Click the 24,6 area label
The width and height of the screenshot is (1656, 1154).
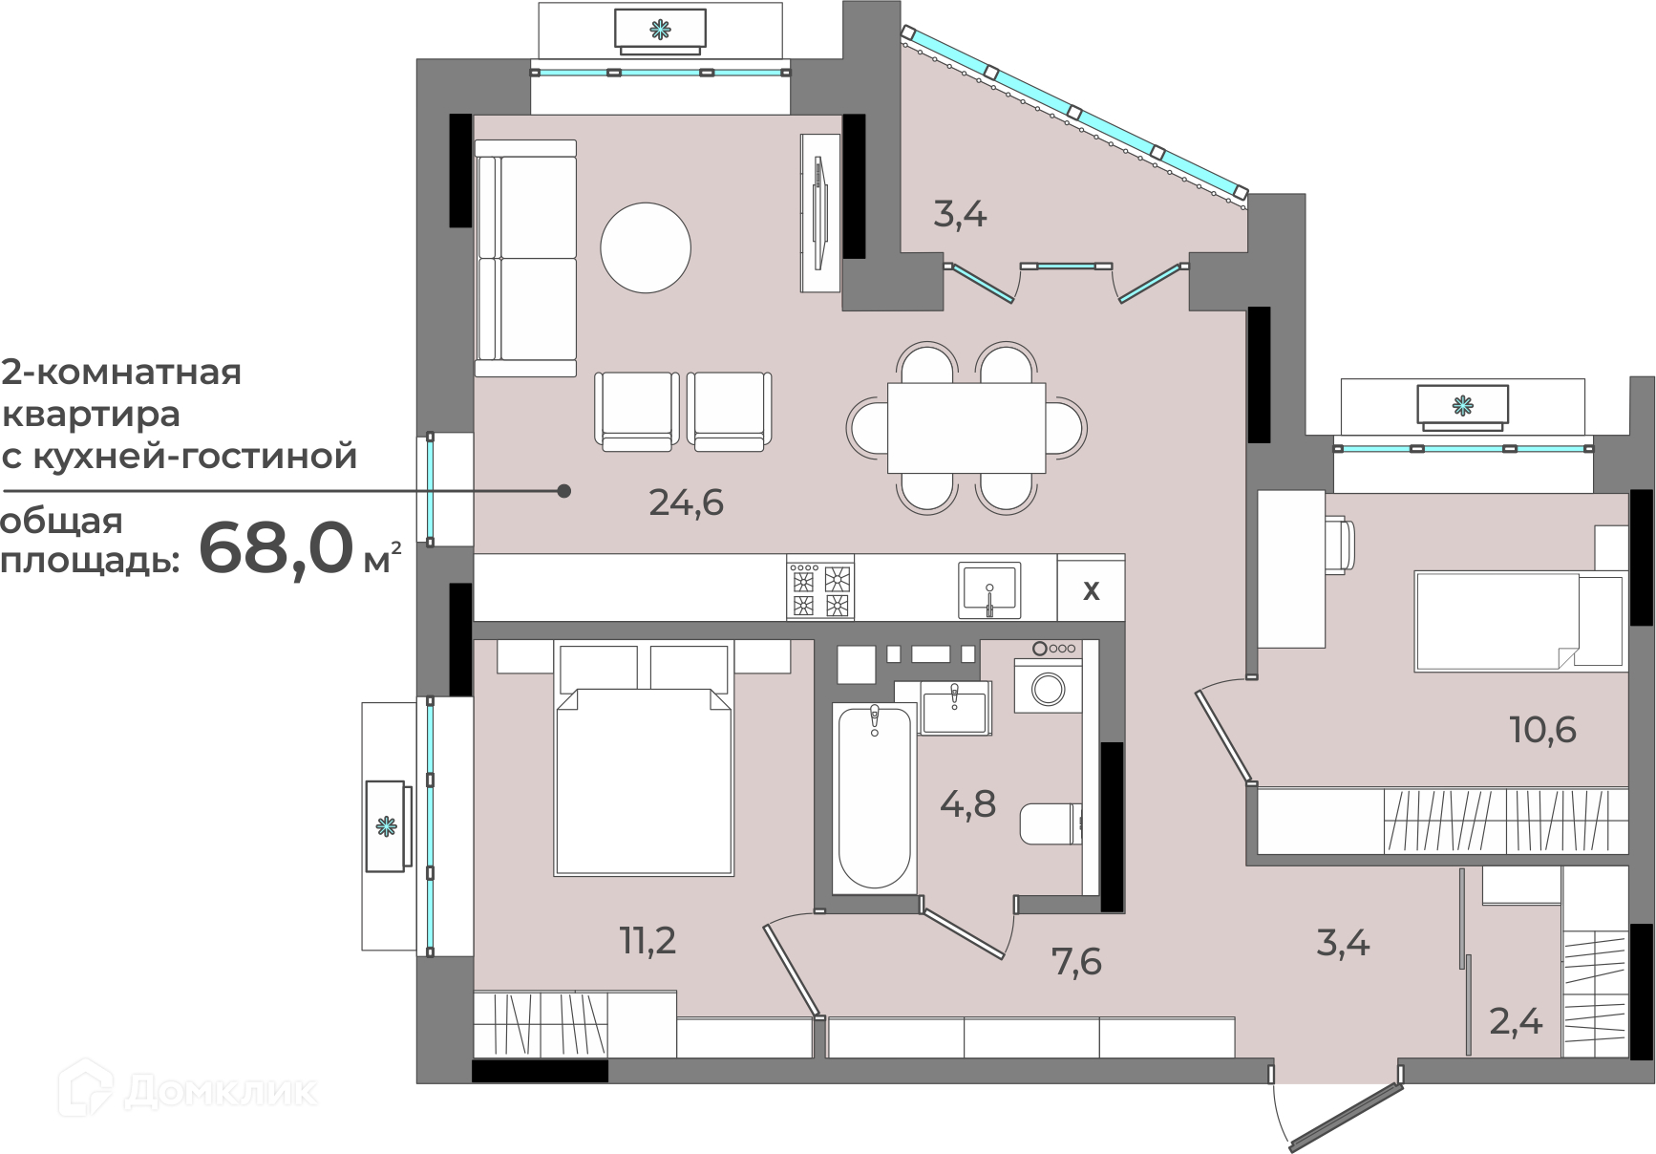[x=686, y=502]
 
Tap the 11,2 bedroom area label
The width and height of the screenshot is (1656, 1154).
[x=648, y=941]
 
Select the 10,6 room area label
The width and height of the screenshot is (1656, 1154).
[x=1542, y=730]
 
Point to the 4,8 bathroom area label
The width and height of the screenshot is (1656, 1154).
[x=967, y=804]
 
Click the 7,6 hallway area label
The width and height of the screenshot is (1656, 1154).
[x=1076, y=961]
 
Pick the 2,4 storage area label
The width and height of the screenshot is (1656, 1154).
[x=1517, y=1022]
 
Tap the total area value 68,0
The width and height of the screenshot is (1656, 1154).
[x=275, y=548]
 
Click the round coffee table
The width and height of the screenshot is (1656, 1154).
[x=646, y=247]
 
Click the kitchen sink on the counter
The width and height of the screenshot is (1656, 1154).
[x=990, y=588]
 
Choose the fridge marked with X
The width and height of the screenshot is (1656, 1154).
[x=1091, y=588]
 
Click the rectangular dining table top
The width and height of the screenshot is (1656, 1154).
[x=966, y=427]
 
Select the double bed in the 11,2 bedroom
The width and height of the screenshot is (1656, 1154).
[x=644, y=759]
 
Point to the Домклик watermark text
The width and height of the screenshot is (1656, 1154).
[x=221, y=1090]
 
